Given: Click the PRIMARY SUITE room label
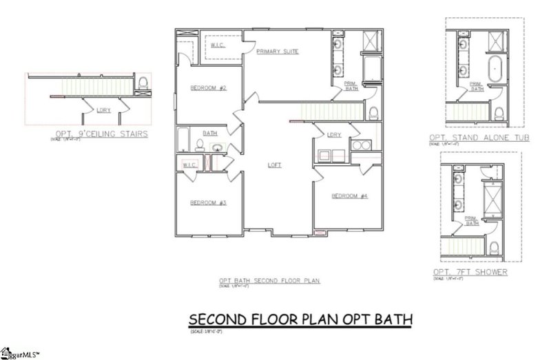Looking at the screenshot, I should coord(278,52).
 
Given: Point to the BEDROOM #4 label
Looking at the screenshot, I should coord(350,196).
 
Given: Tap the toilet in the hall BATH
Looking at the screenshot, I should coord(200,145).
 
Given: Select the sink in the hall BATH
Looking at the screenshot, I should coord(218,147).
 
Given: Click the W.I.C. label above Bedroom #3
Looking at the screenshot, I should coord(190,165).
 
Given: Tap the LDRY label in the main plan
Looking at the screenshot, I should coord(335,134).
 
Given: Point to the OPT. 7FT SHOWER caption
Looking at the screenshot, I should coord(470,272).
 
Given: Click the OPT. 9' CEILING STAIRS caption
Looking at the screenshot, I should coord(102,134).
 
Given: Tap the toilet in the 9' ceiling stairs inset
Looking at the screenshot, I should coord(144,83).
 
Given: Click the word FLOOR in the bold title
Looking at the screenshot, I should coord(280,319).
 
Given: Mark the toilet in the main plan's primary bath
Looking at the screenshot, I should coord(373,112).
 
